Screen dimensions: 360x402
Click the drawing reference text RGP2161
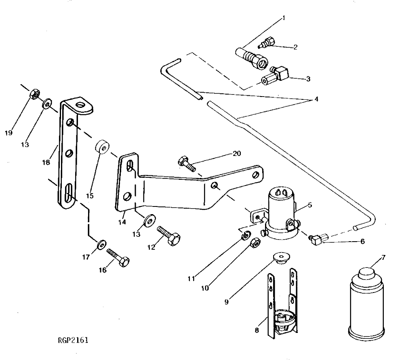point(73,340)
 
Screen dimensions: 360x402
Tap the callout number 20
point(236,154)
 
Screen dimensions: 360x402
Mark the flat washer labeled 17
point(101,244)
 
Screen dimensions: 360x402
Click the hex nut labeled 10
point(255,242)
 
